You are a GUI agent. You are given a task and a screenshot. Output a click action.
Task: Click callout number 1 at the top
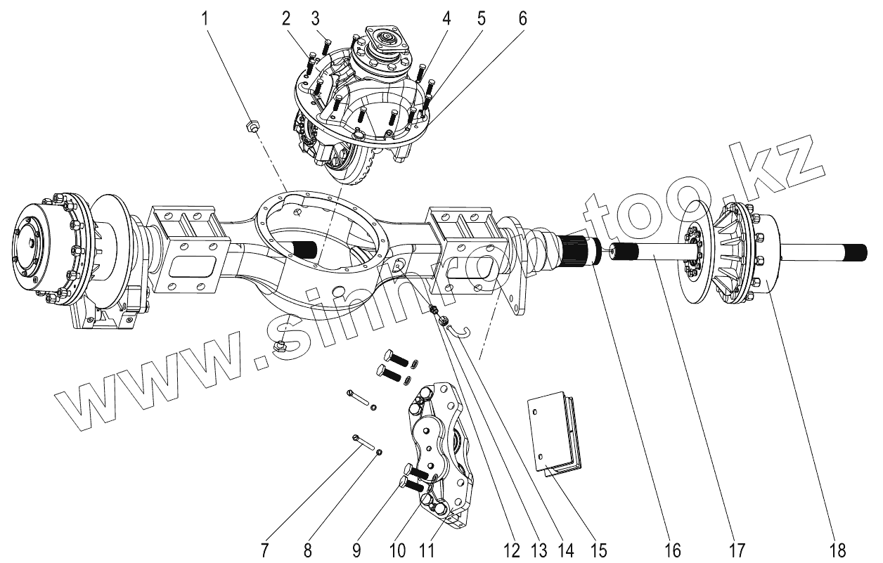click(206, 18)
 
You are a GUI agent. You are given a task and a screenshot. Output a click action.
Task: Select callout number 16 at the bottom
click(673, 550)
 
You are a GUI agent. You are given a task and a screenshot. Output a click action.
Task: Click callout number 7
click(264, 550)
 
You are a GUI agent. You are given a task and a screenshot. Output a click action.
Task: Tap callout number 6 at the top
click(521, 18)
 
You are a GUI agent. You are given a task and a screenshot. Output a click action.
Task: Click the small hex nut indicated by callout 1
click(252, 127)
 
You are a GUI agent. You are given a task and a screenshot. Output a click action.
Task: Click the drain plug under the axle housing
click(279, 345)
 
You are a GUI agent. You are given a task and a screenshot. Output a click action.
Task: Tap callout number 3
click(316, 18)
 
